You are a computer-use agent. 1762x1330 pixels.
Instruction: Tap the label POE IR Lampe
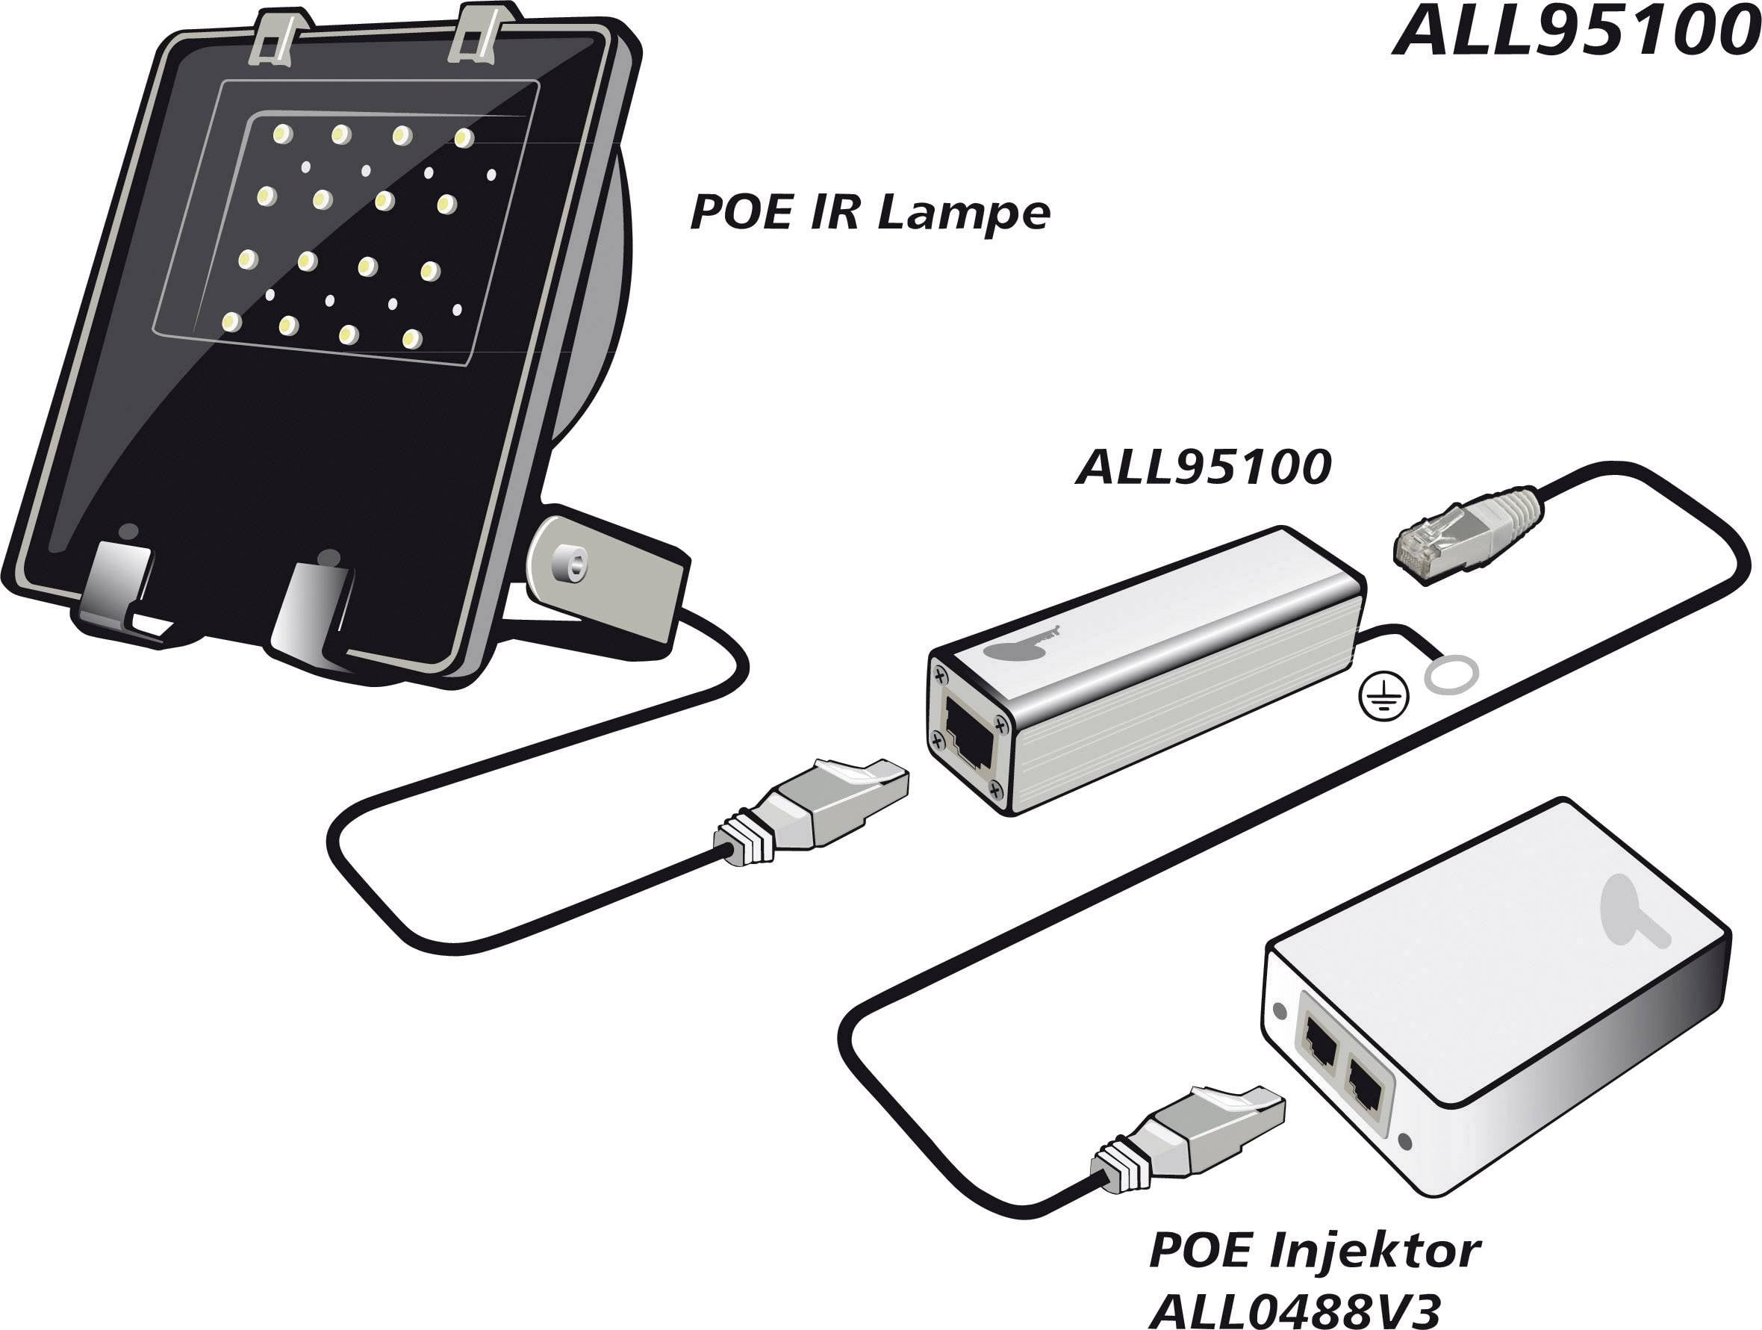tap(870, 214)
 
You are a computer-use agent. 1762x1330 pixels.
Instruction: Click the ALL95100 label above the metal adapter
tap(1203, 467)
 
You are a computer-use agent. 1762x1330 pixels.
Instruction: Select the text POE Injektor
tap(1314, 1250)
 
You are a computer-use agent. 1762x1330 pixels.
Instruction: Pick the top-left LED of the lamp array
tap(281, 134)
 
